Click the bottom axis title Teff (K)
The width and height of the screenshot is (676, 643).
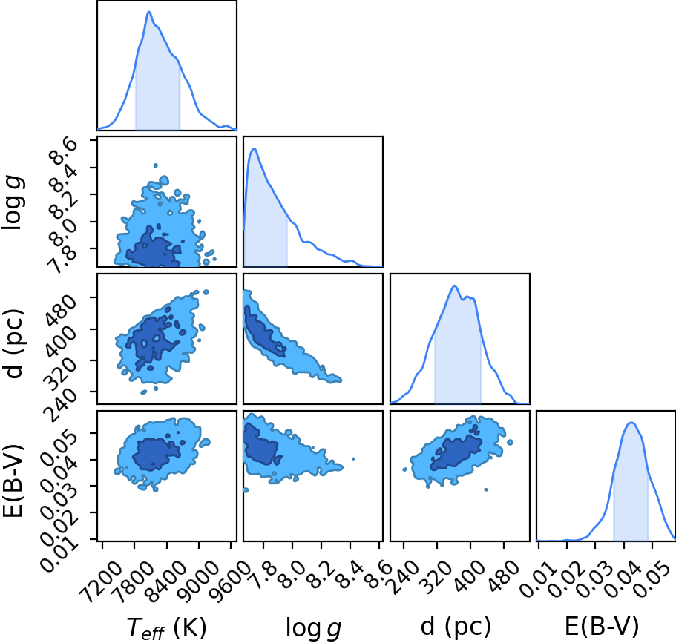pyautogui.click(x=167, y=627)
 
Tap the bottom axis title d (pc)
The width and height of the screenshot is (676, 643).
pyautogui.click(x=456, y=626)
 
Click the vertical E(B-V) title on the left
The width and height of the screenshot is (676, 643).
pyautogui.click(x=13, y=480)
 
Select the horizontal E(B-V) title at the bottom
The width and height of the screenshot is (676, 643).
pyautogui.click(x=601, y=626)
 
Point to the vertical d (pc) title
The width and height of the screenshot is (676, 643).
pyautogui.click(x=14, y=343)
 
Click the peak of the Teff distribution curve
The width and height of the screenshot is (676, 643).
pyautogui.click(x=149, y=12)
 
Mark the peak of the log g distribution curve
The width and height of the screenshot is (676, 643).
pyautogui.click(x=255, y=148)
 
